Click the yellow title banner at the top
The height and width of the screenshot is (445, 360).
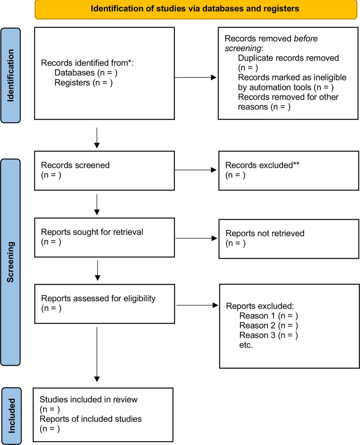tap(196, 9)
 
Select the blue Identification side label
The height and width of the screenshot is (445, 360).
tap(10, 75)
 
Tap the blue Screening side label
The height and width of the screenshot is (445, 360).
tap(10, 262)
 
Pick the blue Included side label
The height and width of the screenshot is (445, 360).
tap(12, 415)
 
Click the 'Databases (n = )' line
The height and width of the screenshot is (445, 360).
tap(86, 73)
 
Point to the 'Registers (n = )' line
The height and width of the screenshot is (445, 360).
tap(83, 82)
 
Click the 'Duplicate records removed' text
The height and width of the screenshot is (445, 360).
tap(288, 58)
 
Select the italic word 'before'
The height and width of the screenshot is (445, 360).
tap(305, 39)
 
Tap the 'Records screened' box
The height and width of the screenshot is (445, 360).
tap(105, 171)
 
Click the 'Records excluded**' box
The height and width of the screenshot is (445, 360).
tap(289, 171)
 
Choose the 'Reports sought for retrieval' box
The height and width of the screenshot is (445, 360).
tap(105, 237)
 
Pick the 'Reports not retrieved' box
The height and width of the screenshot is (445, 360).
tap(289, 239)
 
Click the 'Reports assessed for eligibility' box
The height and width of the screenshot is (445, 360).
tap(105, 304)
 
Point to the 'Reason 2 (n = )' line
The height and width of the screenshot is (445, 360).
tap(269, 325)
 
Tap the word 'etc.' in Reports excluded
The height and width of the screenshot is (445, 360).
tap(246, 345)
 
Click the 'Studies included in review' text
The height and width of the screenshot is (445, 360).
tap(88, 399)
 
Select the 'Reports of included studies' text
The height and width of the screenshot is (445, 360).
tap(90, 419)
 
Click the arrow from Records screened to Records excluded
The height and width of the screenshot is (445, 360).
tap(195, 170)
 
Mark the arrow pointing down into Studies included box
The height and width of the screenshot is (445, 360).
tap(97, 355)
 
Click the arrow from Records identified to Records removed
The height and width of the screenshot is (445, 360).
tap(195, 78)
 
